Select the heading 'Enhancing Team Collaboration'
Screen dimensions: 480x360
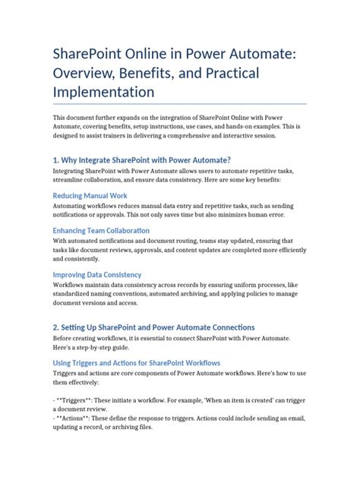101,230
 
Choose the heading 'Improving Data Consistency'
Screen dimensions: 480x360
97,274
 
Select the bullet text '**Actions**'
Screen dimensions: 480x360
77,416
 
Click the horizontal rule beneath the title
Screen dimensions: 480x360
179,103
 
